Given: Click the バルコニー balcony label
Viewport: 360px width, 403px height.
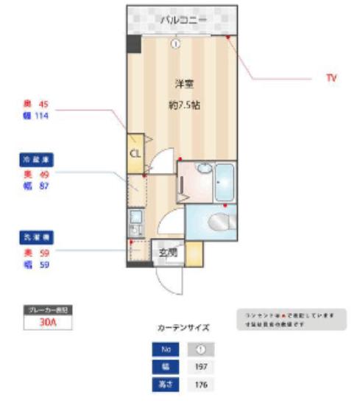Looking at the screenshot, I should pyautogui.click(x=184, y=19).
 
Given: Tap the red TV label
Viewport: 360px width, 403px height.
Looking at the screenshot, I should pyautogui.click(x=331, y=77).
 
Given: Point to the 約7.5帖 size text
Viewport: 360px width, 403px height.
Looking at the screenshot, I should pyautogui.click(x=184, y=105).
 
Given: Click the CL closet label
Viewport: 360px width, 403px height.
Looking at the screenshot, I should pyautogui.click(x=135, y=153).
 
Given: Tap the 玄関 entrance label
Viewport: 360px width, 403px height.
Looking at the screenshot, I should pyautogui.click(x=167, y=252).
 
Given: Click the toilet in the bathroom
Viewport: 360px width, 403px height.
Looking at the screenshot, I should pyautogui.click(x=220, y=221).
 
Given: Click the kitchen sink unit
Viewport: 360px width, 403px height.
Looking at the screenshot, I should pyautogui.click(x=136, y=222).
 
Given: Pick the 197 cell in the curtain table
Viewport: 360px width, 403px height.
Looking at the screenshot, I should pyautogui.click(x=200, y=366).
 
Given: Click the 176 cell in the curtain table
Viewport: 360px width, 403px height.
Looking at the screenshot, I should pyautogui.click(x=200, y=385).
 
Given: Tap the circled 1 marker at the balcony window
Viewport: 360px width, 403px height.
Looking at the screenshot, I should pyautogui.click(x=176, y=43).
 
